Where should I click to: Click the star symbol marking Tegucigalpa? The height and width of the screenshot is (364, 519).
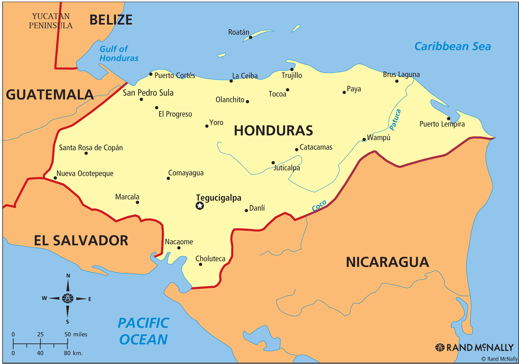[x=200, y=206]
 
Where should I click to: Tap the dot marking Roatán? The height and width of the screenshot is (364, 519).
[x=250, y=38]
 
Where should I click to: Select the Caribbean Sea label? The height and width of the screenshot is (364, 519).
[x=453, y=46]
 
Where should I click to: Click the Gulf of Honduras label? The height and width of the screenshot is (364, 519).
[x=118, y=54]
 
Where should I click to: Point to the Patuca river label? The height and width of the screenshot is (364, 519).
[x=395, y=120]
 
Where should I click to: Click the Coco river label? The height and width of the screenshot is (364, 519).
[x=319, y=206]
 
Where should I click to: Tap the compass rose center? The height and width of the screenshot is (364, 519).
[x=68, y=298]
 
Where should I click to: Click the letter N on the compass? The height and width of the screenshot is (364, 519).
[x=68, y=276]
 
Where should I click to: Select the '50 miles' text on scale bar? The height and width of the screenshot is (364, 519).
[x=76, y=334]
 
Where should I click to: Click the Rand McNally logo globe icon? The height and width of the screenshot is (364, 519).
[x=440, y=347]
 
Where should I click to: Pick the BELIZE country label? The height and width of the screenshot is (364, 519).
[x=111, y=20]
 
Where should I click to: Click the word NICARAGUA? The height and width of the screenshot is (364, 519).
[x=387, y=262]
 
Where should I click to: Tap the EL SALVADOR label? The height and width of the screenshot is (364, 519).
[x=81, y=241]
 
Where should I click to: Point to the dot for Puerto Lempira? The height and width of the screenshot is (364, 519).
[x=449, y=119]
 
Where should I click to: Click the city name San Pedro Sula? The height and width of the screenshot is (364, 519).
[x=148, y=93]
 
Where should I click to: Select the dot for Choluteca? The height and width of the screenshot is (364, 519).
[x=200, y=264]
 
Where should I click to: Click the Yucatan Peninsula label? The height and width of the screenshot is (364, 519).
[x=51, y=21]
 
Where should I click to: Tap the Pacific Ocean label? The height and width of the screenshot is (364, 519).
[x=143, y=331]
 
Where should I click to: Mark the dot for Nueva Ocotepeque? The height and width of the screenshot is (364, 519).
[x=55, y=178]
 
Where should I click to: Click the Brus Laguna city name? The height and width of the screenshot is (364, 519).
[x=401, y=75]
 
